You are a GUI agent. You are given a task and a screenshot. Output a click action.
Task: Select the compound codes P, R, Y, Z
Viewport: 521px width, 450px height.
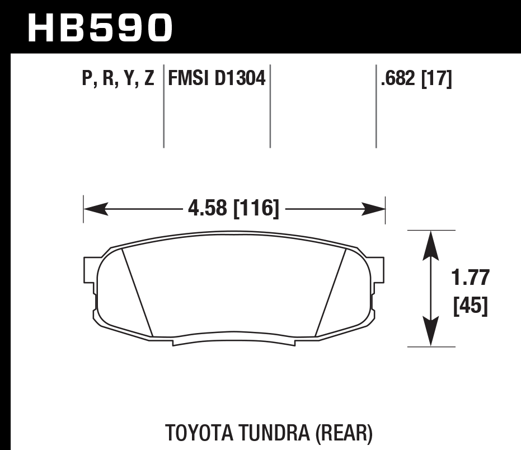pyautogui.click(x=118, y=79)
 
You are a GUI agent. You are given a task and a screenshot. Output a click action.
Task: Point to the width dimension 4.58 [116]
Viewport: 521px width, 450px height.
pyautogui.click(x=233, y=209)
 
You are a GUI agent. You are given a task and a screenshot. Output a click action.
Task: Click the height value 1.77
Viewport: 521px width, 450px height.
pyautogui.click(x=470, y=278)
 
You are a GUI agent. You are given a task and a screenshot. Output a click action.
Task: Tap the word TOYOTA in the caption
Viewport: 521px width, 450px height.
pyautogui.click(x=200, y=433)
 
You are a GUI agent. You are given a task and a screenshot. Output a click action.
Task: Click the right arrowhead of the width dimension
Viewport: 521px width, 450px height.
pyautogui.click(x=374, y=210)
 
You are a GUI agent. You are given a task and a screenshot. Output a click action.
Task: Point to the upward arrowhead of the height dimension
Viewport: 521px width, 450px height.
pyautogui.click(x=430, y=242)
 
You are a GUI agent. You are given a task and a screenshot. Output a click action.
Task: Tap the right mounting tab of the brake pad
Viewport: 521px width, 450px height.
pyautogui.click(x=378, y=269)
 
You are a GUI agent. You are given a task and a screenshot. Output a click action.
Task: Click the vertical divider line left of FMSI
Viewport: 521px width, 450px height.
pyautogui.click(x=163, y=106)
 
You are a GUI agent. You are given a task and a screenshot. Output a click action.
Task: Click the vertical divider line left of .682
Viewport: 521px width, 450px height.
pyautogui.click(x=376, y=106)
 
